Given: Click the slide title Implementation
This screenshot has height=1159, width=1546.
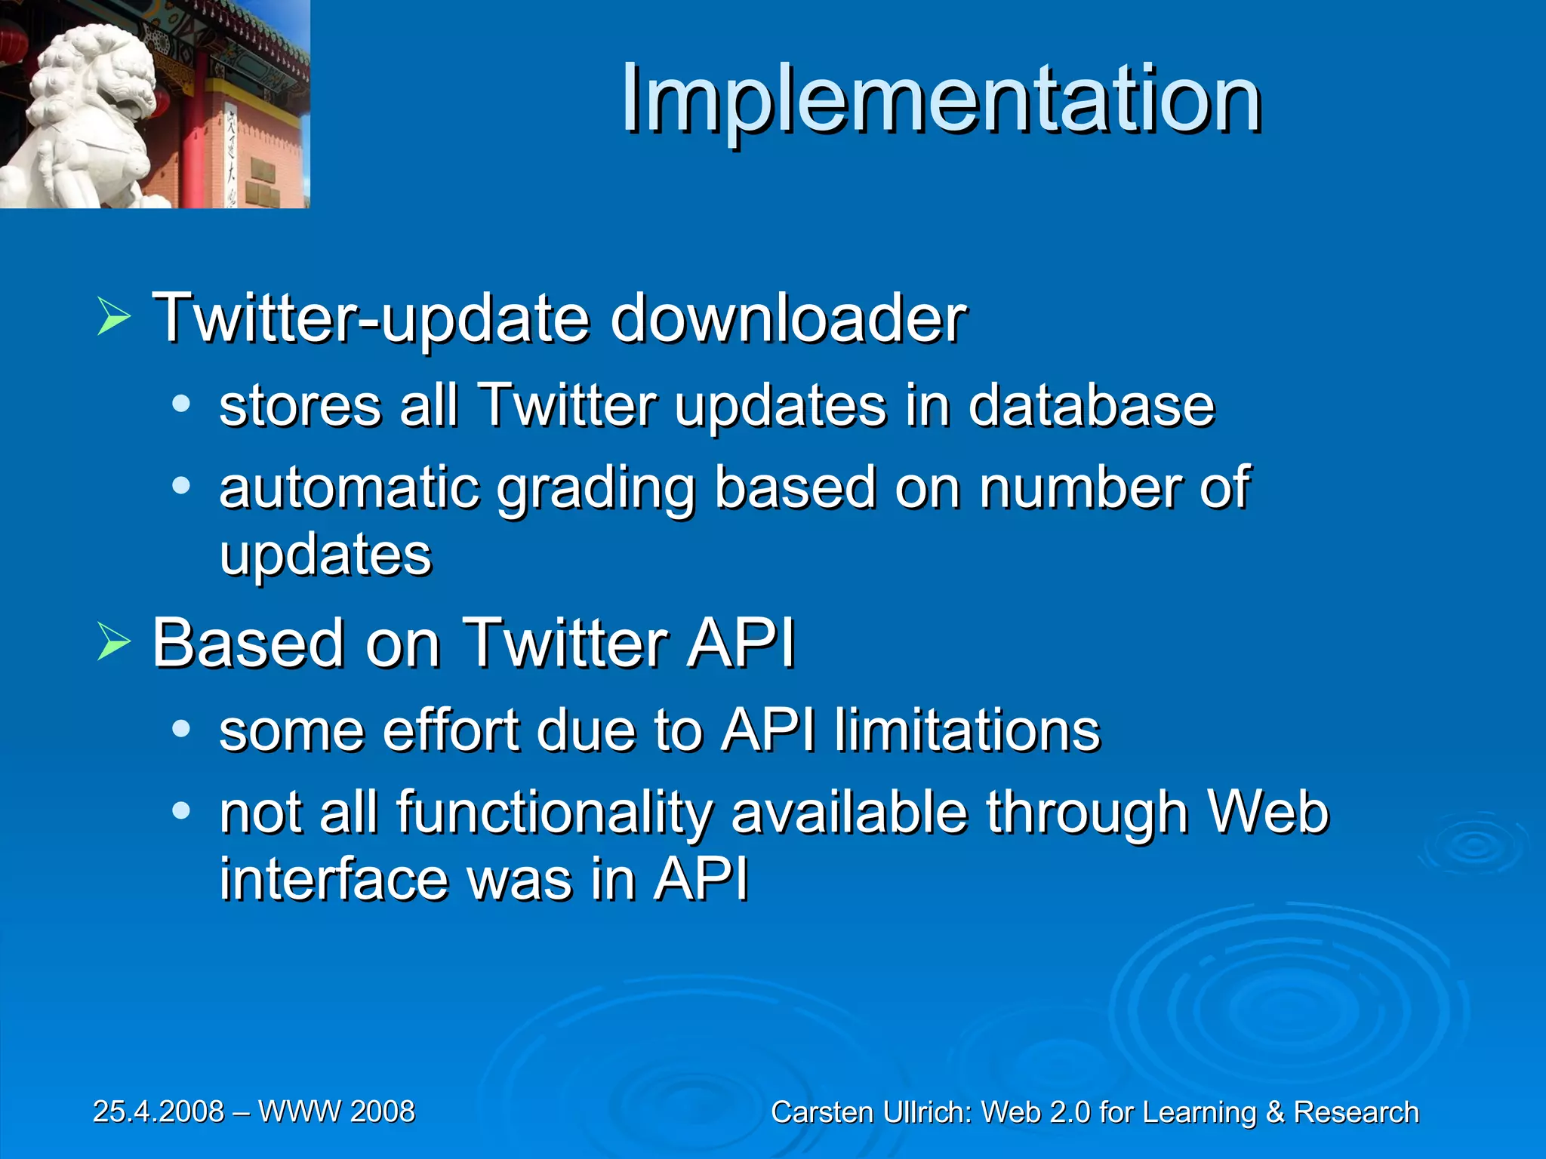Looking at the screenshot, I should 941,100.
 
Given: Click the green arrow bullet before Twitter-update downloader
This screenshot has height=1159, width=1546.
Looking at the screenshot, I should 114,318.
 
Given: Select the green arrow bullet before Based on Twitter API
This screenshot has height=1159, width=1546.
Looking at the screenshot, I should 114,644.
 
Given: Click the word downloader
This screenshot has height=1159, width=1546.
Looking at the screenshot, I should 788,318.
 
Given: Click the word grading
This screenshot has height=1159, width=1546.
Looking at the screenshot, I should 596,489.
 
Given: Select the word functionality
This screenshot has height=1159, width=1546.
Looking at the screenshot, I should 555,813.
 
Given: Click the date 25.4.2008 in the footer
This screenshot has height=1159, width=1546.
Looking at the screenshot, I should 159,1111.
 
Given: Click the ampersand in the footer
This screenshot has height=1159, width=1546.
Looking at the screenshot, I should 1274,1113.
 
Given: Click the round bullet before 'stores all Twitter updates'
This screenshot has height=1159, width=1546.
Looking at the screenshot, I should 180,404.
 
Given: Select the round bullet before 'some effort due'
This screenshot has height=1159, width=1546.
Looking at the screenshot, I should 180,729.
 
